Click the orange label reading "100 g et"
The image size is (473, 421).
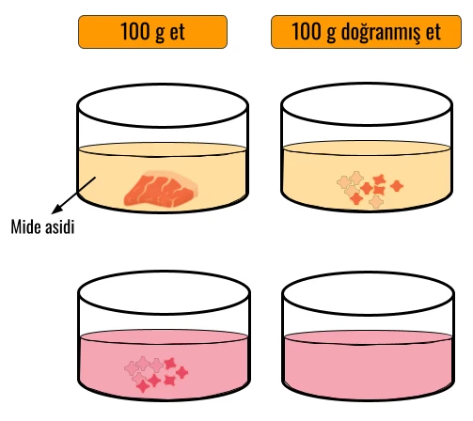152,32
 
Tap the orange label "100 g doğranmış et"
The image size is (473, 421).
366,32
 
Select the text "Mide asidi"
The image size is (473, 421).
42,226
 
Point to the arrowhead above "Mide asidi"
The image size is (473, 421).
56,210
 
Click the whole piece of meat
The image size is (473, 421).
161,189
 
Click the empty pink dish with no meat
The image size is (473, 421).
368,336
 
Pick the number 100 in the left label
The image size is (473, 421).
134,31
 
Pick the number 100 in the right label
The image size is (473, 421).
307,31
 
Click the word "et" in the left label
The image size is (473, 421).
177,33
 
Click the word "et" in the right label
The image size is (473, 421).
434,33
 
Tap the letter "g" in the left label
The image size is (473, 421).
160,34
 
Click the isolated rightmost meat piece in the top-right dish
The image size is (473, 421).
397,186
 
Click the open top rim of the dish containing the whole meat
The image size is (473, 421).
163,105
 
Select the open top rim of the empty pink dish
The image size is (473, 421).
368,293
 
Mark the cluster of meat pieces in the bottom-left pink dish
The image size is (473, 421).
156,374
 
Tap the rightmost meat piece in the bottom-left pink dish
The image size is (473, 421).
181,372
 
